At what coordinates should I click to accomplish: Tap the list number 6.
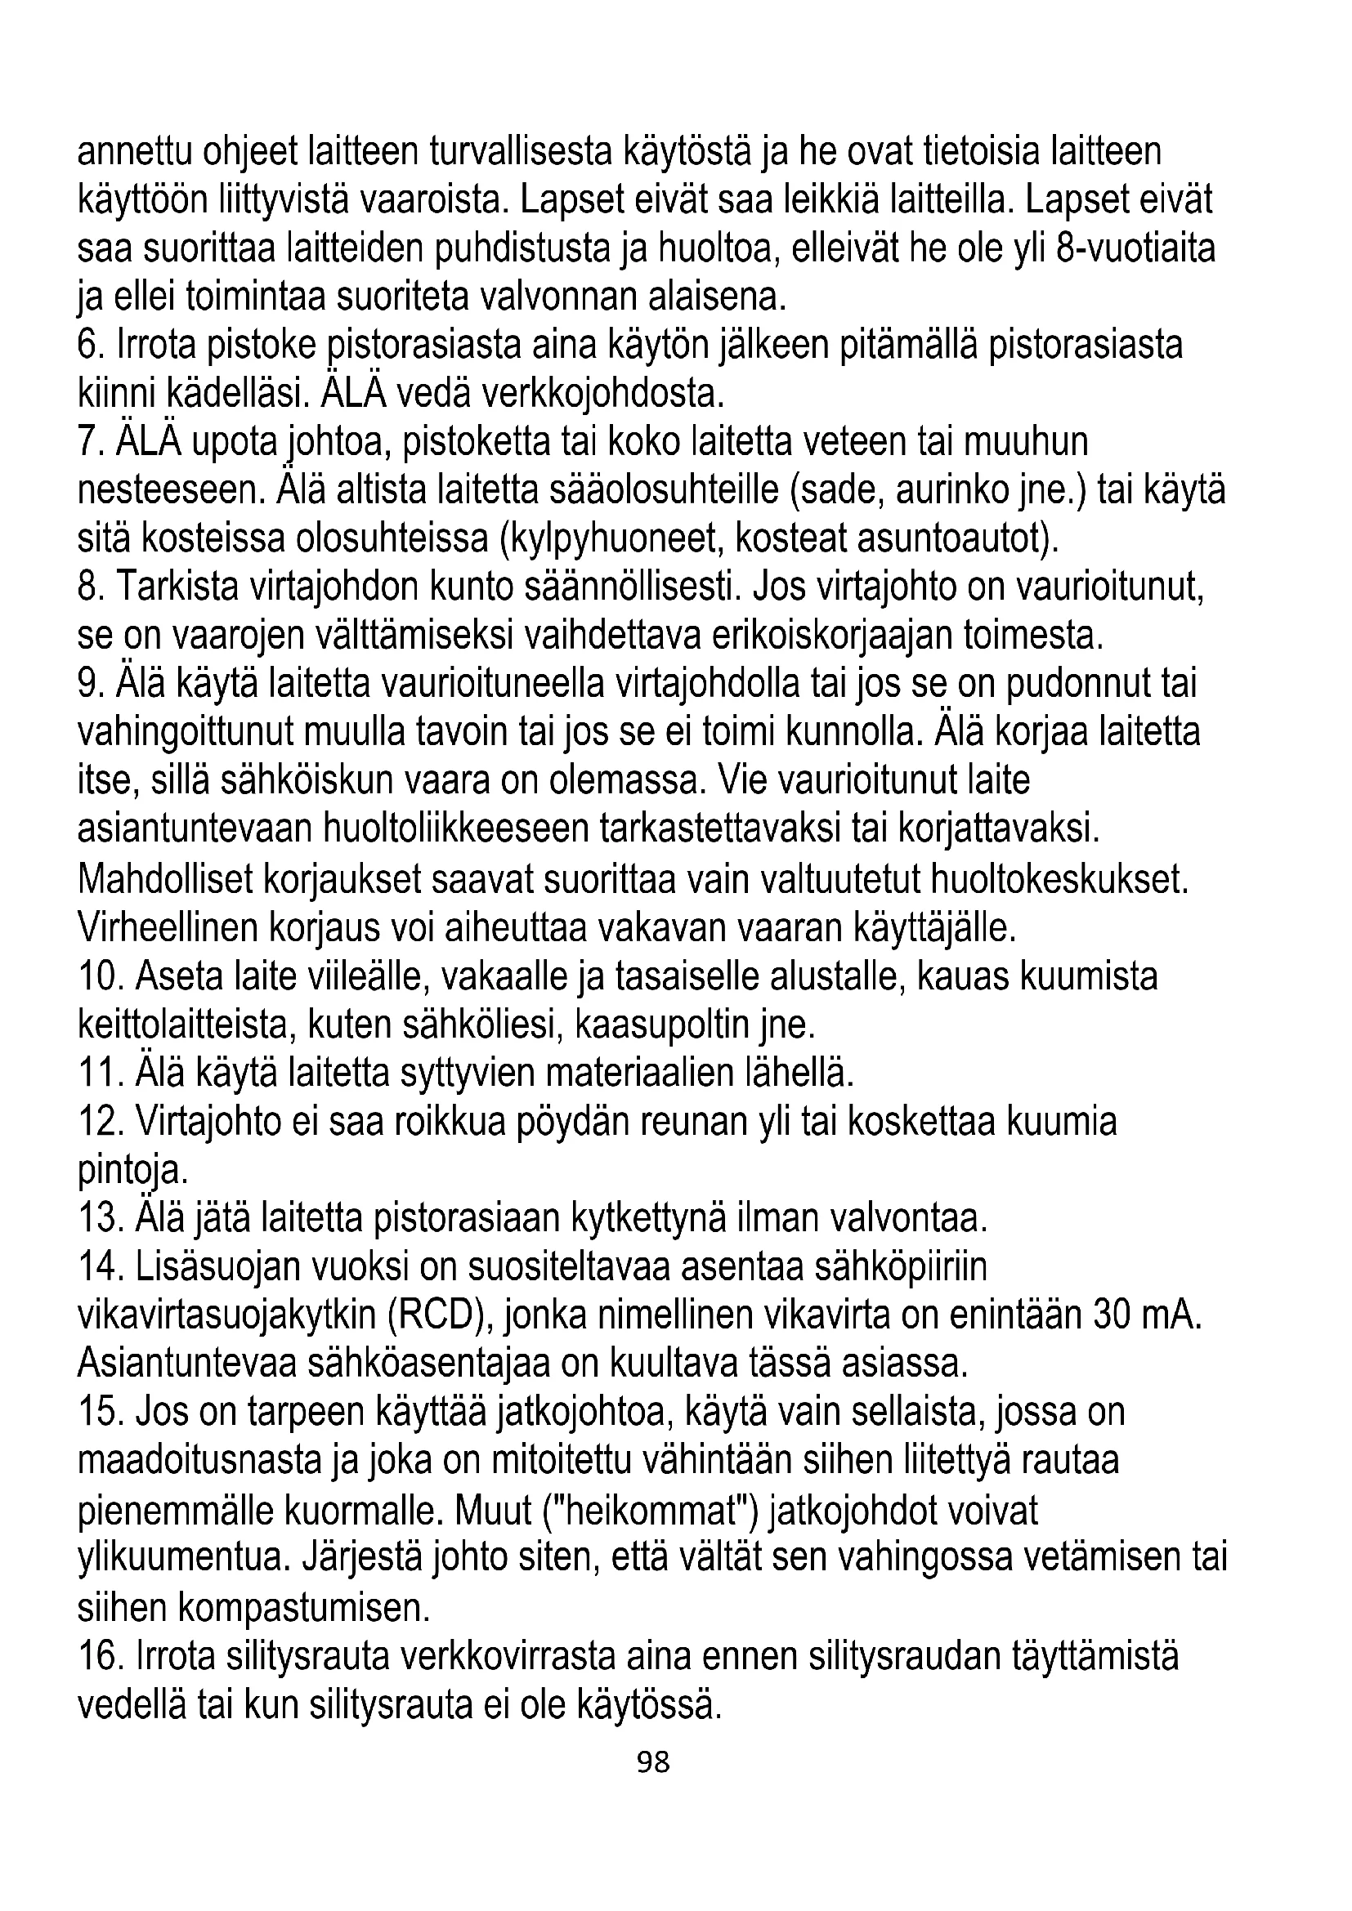point(87,346)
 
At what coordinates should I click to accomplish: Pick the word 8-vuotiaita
point(1135,248)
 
